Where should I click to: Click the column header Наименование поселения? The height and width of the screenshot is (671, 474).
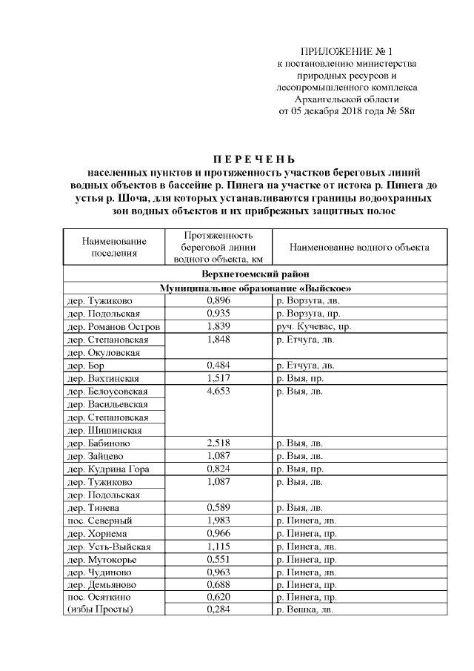114,247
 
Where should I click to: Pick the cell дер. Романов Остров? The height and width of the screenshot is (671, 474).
113,326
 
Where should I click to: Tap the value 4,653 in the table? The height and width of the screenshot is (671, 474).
218,391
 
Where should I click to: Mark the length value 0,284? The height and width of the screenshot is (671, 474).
218,609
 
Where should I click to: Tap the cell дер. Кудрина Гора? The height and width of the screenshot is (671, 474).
108,469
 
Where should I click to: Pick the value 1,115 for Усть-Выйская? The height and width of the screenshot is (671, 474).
218,546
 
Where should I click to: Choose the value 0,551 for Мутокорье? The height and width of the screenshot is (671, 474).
218,558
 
